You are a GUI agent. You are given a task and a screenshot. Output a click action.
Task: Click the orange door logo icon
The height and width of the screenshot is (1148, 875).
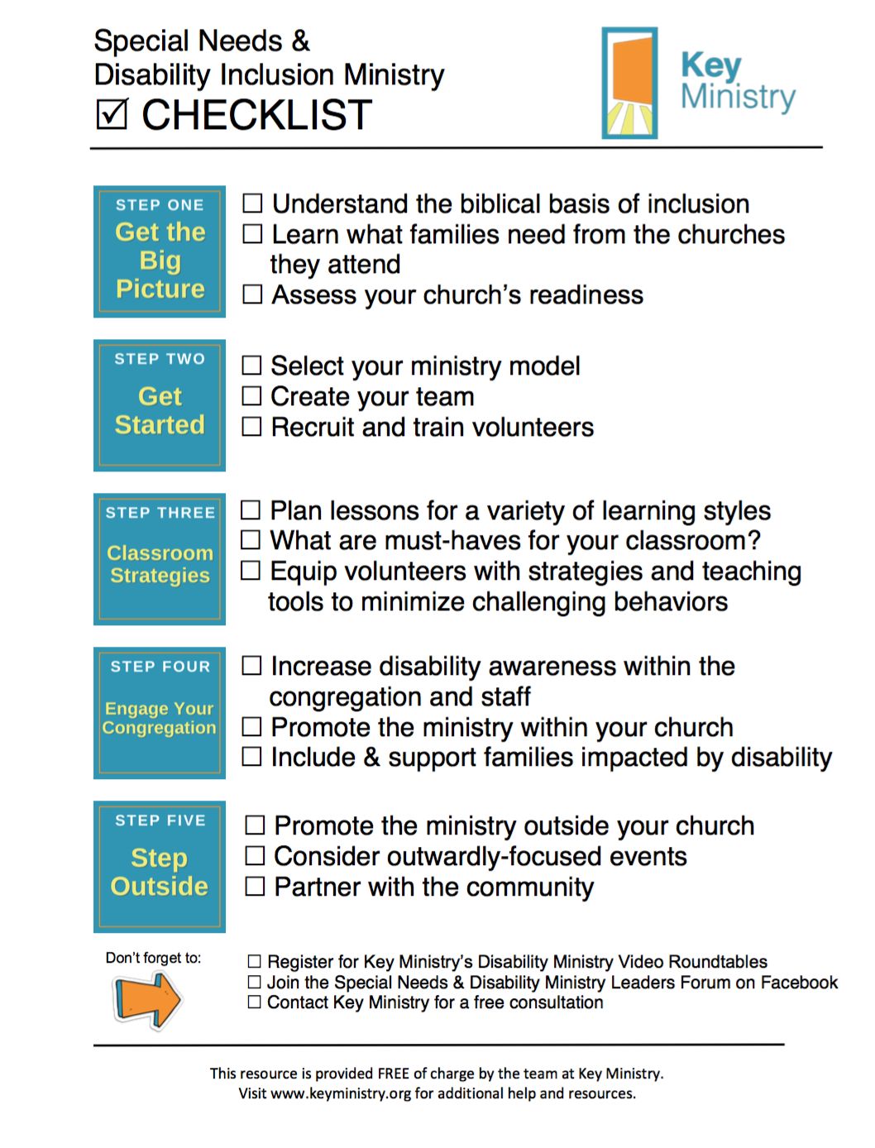click(x=630, y=83)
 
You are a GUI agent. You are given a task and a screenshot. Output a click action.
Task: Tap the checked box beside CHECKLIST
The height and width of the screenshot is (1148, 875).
click(x=112, y=115)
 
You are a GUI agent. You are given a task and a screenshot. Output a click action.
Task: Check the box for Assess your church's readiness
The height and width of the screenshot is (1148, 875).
click(x=252, y=294)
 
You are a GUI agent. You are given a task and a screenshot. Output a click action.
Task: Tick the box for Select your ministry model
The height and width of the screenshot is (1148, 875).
click(x=251, y=366)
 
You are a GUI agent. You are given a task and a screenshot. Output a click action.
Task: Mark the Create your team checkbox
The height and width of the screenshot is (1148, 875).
click(x=251, y=396)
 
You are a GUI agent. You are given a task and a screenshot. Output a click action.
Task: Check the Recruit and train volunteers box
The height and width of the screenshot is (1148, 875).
click(x=251, y=427)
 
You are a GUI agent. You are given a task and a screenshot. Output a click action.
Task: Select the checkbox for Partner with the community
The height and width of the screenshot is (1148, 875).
click(x=256, y=887)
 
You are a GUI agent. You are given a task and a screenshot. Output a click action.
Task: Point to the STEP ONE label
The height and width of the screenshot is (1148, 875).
click(x=160, y=205)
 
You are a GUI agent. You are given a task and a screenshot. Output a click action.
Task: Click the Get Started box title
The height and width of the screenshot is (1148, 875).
click(x=160, y=410)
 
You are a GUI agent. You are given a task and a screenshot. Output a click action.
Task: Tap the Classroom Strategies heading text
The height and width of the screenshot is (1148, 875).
click(x=160, y=564)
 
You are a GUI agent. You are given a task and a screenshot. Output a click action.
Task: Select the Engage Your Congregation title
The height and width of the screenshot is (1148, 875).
click(x=160, y=718)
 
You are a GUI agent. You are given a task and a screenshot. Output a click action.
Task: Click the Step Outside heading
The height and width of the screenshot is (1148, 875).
click(x=160, y=872)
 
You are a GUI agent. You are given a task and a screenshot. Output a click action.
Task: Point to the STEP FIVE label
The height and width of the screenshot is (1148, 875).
click(x=160, y=820)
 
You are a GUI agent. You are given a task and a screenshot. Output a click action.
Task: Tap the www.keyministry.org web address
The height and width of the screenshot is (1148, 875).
click(x=341, y=1093)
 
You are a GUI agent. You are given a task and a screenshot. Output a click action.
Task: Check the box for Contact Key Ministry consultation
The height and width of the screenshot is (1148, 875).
click(x=255, y=1002)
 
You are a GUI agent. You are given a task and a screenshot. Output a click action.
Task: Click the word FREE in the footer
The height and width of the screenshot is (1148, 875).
click(x=394, y=1074)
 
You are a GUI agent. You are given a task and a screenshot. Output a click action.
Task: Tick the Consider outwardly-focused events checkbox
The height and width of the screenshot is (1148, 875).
click(x=256, y=856)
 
